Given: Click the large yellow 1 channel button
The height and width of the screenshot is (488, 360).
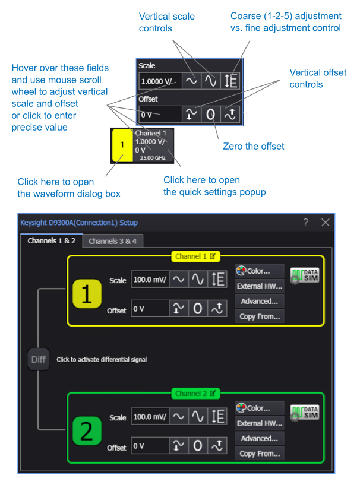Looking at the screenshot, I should point(87,294).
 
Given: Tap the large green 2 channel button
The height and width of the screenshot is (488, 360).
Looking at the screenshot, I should point(87,432).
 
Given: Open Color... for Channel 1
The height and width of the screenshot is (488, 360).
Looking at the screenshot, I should point(260,271).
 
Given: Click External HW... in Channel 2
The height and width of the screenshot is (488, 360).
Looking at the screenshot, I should point(260,423).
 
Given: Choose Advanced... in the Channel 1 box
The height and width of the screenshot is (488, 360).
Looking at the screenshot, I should point(260,302).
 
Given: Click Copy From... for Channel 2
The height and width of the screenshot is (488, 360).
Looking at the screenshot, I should point(260,454).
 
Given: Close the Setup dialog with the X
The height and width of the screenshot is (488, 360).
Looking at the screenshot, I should point(325,223).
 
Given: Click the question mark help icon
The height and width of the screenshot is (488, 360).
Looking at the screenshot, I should point(306,223).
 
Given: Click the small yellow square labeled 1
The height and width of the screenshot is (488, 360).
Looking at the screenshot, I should point(122,144).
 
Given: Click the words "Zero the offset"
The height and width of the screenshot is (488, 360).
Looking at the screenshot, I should point(254,146).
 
